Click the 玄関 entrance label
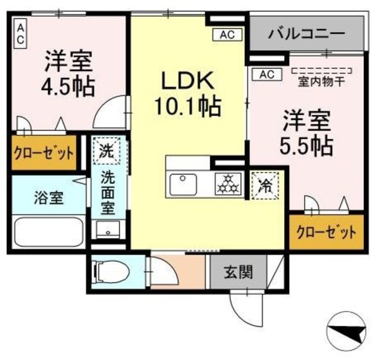coord(239,272)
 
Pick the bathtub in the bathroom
coord(49,233)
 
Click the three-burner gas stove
coord(228,184)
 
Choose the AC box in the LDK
coord(227,35)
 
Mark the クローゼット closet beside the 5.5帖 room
coord(325,234)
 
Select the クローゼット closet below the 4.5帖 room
coord(44,154)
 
